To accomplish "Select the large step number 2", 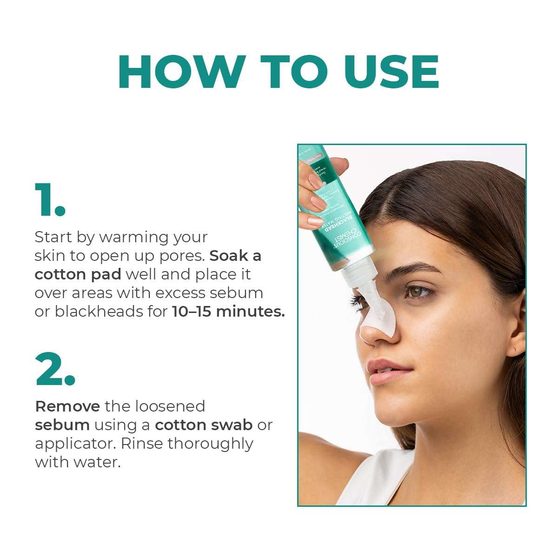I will point(55,370).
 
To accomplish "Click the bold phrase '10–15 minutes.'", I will point(228,311).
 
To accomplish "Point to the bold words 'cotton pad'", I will point(78,274).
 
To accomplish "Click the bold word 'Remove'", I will point(67,406).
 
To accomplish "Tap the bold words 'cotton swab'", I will point(204,425).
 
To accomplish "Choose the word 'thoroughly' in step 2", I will point(210,444).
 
